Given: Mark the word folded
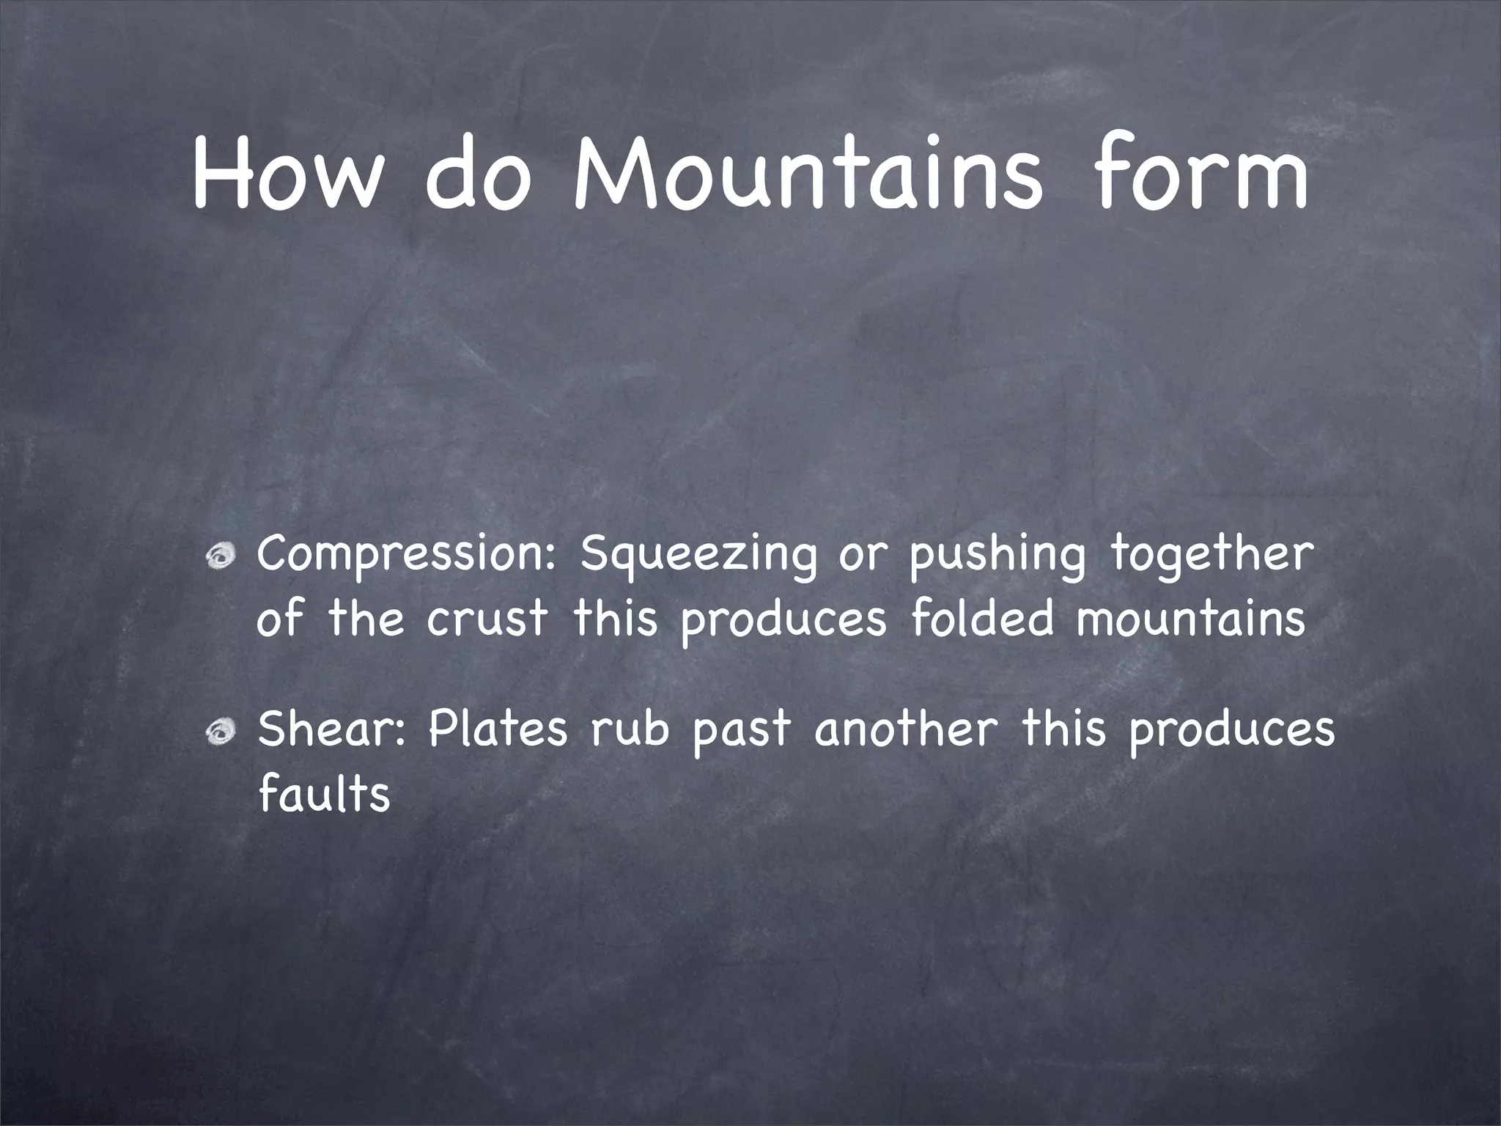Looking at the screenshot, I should pos(983,618).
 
